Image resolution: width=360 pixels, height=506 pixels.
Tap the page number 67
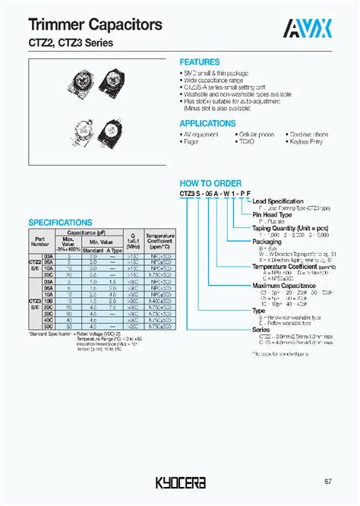(x=327, y=481)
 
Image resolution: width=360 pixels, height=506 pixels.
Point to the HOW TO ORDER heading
(x=210, y=183)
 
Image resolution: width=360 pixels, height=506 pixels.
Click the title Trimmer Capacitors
(x=84, y=26)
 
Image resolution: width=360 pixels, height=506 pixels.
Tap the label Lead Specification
(x=282, y=200)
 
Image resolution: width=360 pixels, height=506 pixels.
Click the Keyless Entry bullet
(x=308, y=142)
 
